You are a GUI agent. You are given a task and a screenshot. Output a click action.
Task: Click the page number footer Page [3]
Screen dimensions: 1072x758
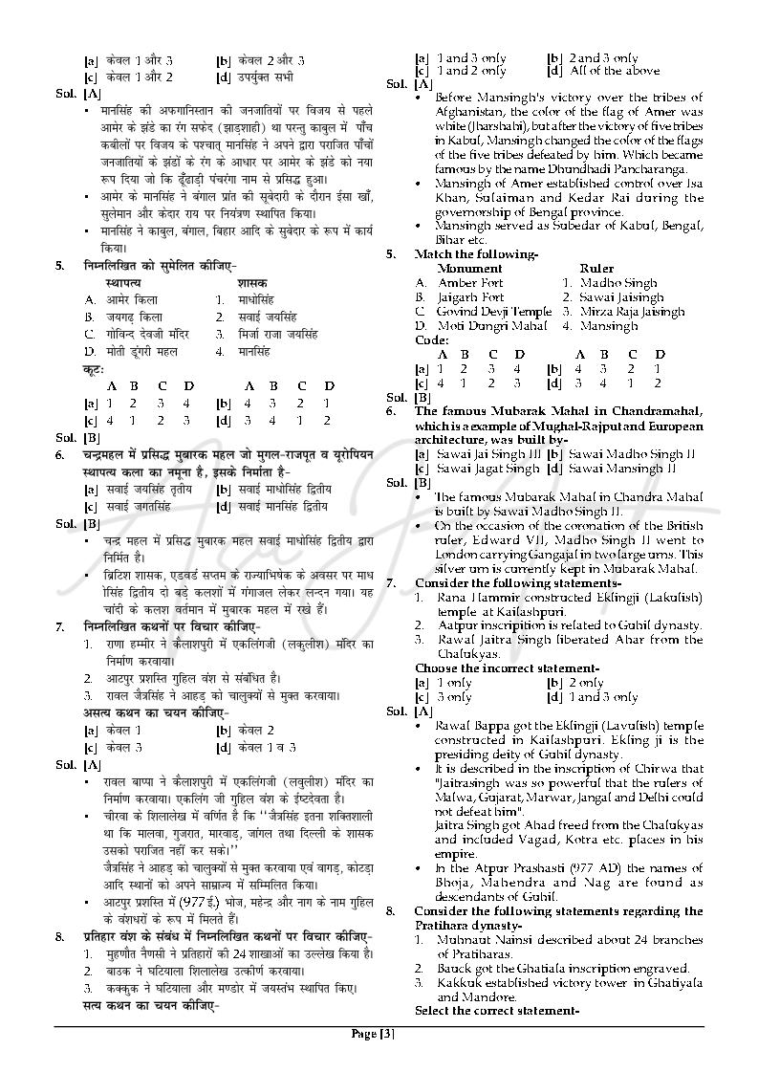pos(373,1033)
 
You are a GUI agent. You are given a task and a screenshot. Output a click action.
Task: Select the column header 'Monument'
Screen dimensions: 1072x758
pos(469,269)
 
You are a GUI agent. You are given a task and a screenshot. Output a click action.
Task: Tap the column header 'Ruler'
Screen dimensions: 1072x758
pos(596,269)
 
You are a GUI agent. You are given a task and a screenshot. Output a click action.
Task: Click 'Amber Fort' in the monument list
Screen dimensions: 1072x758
pos(470,283)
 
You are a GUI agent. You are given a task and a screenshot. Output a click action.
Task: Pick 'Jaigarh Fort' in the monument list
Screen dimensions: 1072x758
pos(470,297)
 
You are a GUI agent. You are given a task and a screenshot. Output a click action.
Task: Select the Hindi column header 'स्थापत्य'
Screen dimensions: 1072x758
pos(124,283)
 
